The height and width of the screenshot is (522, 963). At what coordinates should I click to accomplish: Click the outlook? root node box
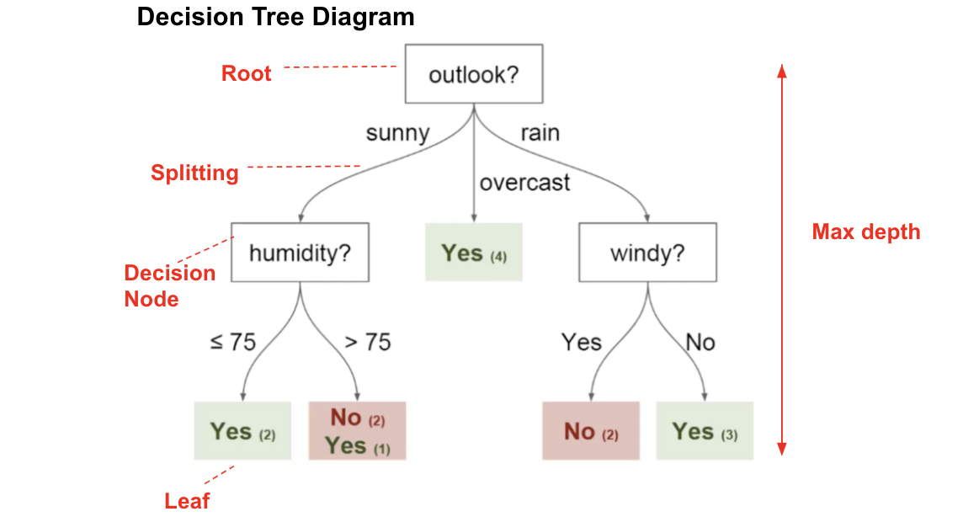474,75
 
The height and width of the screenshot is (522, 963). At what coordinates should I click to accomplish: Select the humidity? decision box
300,252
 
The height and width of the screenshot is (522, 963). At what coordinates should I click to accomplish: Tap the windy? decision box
647,252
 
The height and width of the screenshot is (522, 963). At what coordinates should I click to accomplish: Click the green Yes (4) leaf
474,253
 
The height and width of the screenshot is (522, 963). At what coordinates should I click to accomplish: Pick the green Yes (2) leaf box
242,431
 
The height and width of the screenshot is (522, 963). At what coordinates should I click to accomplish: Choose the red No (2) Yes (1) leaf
357,431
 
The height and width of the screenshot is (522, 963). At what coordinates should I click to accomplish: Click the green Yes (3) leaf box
705,431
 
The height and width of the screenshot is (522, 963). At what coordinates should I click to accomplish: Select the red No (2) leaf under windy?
591,431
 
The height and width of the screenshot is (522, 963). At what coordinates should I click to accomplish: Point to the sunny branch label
397,133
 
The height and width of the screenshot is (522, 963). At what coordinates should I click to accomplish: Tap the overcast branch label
524,182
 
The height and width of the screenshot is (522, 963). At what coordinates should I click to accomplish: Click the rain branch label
540,133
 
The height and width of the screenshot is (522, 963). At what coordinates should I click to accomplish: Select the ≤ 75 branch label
232,343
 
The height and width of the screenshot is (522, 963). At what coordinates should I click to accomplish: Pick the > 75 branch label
368,343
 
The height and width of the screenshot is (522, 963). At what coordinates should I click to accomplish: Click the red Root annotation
246,73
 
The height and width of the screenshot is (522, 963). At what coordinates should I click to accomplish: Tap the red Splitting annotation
194,173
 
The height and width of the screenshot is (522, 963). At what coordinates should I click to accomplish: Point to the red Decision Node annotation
169,285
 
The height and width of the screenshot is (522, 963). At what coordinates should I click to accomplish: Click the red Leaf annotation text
187,501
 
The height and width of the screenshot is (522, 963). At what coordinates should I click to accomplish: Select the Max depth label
865,232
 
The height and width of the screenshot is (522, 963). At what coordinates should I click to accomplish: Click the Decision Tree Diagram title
275,17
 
